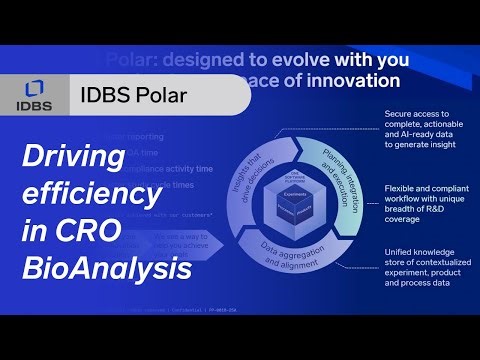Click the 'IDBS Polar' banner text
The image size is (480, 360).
point(134,97)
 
